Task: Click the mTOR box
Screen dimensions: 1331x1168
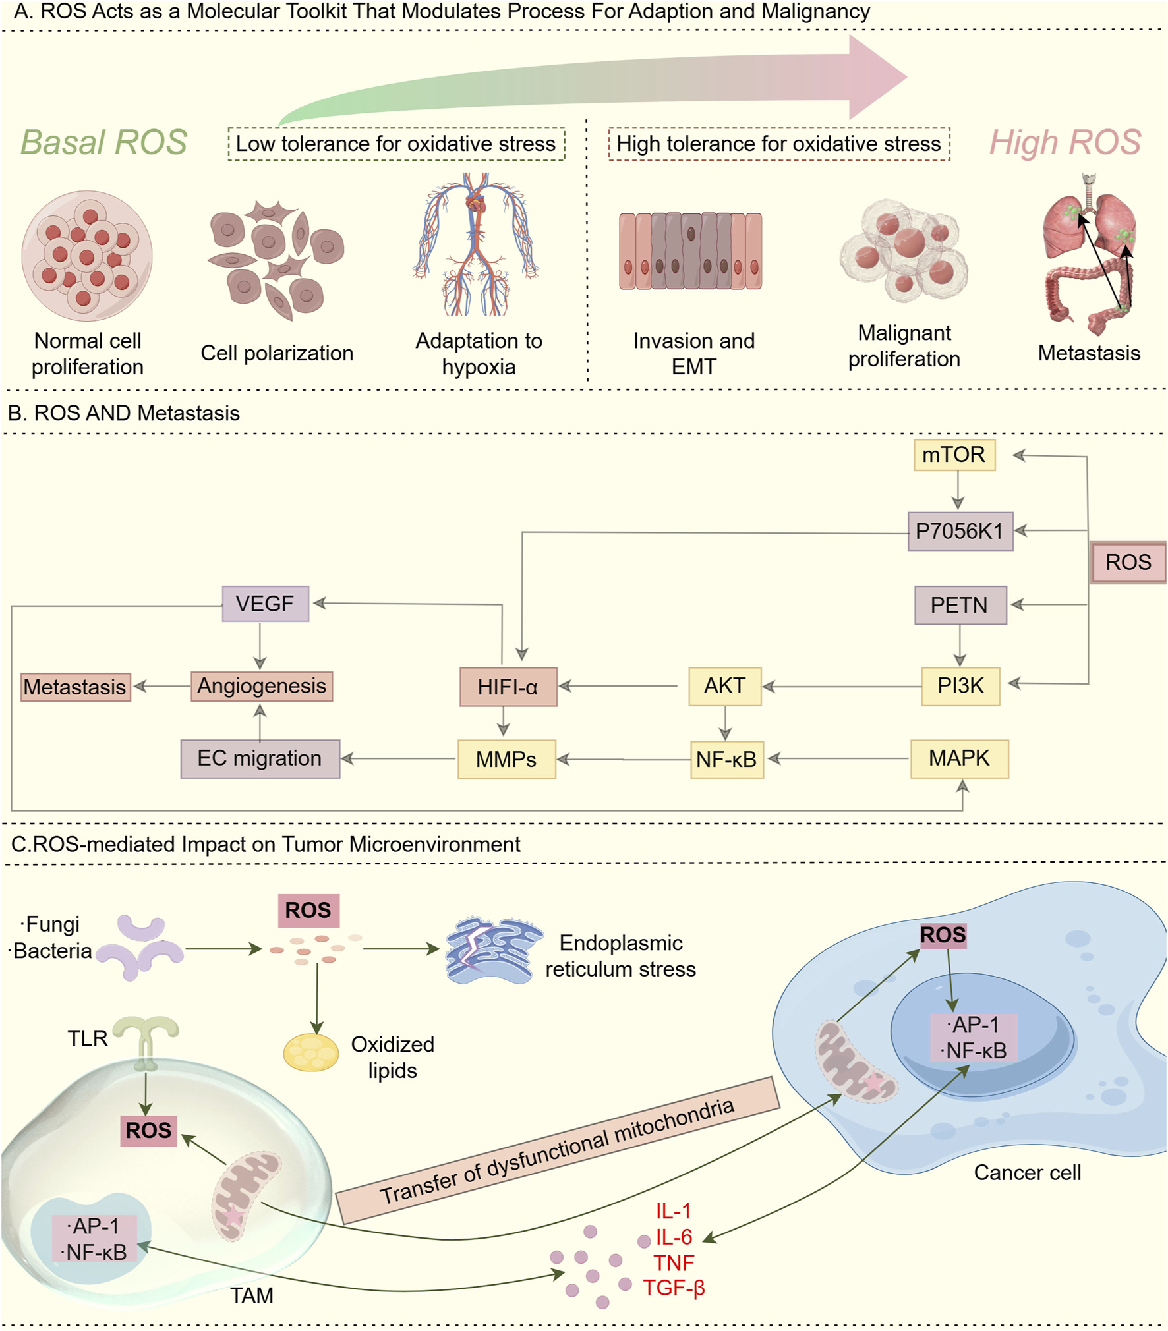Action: click(x=954, y=455)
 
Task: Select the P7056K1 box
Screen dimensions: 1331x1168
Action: click(x=960, y=531)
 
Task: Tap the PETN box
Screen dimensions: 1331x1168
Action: click(x=960, y=605)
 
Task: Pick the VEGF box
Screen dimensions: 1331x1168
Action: click(x=265, y=604)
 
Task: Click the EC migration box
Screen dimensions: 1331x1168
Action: click(x=260, y=758)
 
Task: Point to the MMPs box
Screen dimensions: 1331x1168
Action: click(x=506, y=759)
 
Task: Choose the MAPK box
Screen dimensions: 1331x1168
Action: click(x=959, y=758)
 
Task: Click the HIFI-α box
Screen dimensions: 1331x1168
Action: click(x=508, y=687)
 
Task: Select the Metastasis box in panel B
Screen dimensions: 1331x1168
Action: click(x=75, y=687)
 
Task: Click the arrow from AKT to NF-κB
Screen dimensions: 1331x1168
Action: click(x=725, y=723)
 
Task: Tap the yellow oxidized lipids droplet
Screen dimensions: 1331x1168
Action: click(x=310, y=1052)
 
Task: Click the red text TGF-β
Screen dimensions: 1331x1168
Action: click(x=674, y=1287)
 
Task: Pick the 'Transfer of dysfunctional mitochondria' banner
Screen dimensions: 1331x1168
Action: click(x=558, y=1150)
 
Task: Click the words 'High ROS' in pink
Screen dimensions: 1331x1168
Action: click(x=1065, y=142)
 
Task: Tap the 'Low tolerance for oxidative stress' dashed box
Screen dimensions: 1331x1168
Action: click(x=396, y=144)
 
